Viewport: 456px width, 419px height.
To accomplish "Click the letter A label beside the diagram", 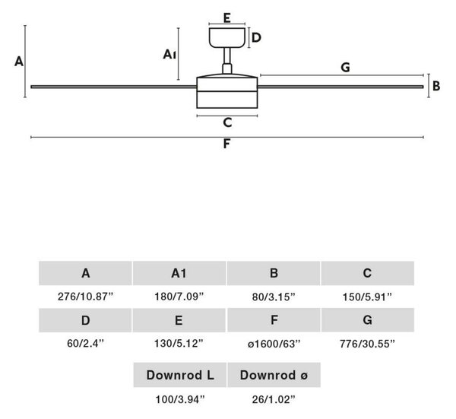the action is (19, 62).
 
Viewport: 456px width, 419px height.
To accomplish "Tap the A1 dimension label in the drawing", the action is (169, 54).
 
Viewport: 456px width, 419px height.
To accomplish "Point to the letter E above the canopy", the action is (227, 17).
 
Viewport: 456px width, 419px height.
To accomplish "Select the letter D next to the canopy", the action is (256, 37).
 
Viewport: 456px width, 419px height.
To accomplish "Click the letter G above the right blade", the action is (345, 67).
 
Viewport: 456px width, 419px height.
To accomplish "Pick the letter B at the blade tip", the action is (436, 86).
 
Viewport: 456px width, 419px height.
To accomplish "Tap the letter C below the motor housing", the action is (227, 122).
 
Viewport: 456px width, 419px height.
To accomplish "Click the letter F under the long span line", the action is (226, 144).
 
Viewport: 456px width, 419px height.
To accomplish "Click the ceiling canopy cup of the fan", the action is (227, 38).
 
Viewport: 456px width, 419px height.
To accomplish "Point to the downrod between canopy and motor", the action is (227, 60).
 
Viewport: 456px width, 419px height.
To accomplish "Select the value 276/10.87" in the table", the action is (85, 297).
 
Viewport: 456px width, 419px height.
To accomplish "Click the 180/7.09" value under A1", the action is (179, 297).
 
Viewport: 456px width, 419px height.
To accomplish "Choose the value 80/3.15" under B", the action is (274, 297).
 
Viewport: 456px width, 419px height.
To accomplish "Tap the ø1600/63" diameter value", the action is (274, 344).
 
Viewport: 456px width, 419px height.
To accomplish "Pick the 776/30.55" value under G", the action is (367, 344).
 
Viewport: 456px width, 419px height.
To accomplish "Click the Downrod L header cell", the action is (180, 375).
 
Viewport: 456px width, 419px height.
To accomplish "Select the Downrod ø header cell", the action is (274, 375).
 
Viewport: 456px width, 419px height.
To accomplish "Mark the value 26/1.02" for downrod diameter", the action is (274, 399).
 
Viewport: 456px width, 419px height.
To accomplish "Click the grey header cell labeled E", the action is (179, 320).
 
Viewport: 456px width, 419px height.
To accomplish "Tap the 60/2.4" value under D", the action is (85, 344).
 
